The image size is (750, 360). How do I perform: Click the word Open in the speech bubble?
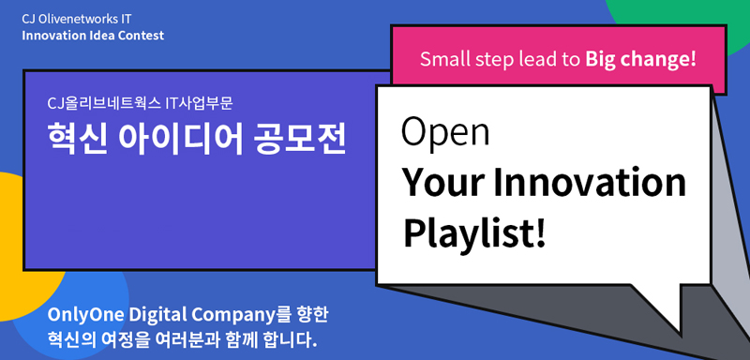coord(444,132)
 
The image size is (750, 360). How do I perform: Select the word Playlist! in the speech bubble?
coord(474,233)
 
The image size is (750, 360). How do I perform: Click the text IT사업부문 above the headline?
coord(199,103)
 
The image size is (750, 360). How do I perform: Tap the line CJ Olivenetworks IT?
coord(77,19)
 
